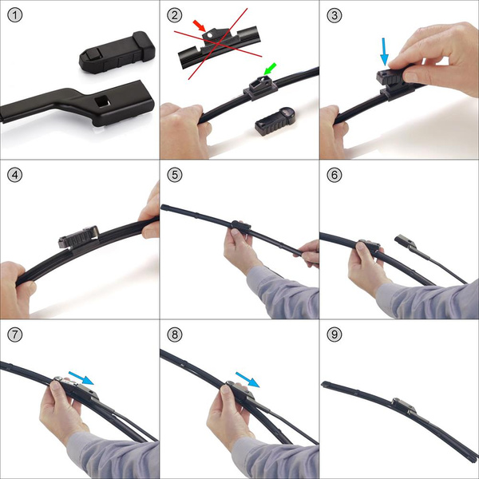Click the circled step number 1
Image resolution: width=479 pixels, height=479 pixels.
click(x=15, y=15)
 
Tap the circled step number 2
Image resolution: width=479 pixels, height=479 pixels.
click(x=175, y=15)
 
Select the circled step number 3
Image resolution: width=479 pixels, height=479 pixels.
click(x=335, y=15)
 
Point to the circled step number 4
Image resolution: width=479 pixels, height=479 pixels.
click(x=15, y=175)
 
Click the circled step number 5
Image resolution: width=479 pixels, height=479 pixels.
click(x=175, y=175)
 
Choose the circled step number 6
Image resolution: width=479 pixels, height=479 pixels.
click(x=335, y=175)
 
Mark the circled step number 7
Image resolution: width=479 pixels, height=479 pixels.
click(x=15, y=335)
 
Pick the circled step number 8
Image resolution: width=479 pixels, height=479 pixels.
click(x=175, y=335)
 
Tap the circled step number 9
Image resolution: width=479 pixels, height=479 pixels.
click(x=335, y=335)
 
